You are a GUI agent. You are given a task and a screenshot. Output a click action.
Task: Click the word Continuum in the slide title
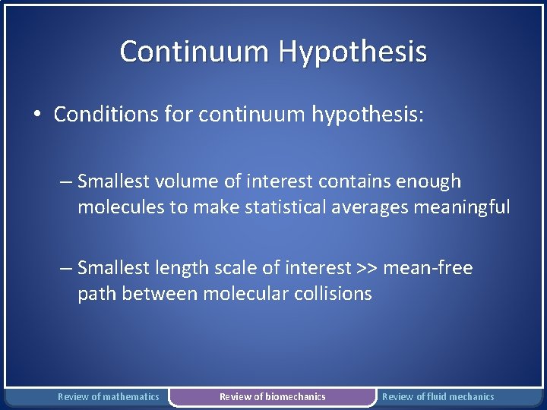[195, 52]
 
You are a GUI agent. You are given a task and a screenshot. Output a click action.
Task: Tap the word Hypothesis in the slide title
[353, 52]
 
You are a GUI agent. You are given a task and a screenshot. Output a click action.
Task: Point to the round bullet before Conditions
[36, 115]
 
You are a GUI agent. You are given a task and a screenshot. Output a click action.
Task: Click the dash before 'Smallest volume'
[66, 181]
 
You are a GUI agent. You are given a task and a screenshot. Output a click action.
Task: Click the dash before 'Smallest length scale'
[66, 268]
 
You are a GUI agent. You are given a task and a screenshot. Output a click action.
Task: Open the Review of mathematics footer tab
[109, 396]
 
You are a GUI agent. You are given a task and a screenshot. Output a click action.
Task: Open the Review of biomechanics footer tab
[272, 396]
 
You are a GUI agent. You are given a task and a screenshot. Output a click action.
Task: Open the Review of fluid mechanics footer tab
[438, 396]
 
